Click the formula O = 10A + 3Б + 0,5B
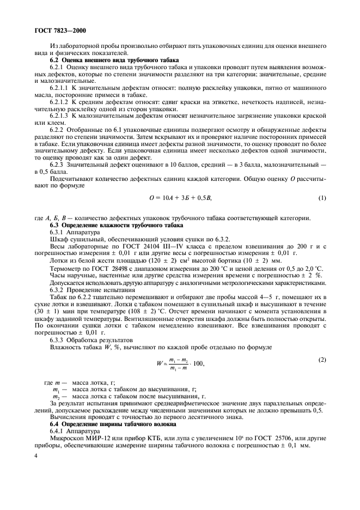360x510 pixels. pos(179,198)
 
